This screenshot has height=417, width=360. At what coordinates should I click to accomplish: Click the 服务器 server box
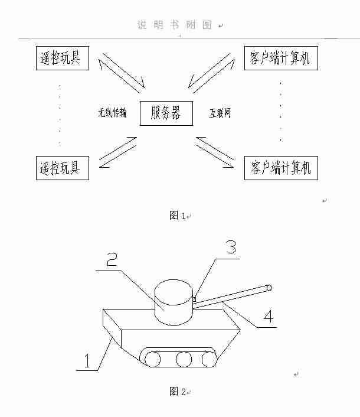pyautogui.click(x=166, y=113)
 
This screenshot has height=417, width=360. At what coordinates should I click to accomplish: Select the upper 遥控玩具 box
pyautogui.click(x=63, y=58)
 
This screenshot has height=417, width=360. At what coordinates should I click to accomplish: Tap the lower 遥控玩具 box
pyautogui.click(x=63, y=168)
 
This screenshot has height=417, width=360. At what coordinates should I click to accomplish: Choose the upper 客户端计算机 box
pyautogui.click(x=281, y=58)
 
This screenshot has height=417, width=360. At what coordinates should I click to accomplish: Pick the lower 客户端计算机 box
pyautogui.click(x=281, y=168)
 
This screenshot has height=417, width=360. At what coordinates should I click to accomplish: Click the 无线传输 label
pyautogui.click(x=112, y=113)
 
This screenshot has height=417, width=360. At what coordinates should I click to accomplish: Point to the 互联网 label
pyautogui.click(x=220, y=113)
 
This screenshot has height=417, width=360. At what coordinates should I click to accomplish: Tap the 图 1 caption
pyautogui.click(x=178, y=216)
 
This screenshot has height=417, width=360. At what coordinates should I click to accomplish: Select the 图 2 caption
pyautogui.click(x=178, y=392)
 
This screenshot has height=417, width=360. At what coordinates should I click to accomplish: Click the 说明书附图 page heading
pyautogui.click(x=175, y=25)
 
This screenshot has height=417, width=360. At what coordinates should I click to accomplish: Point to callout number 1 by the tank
pyautogui.click(x=87, y=361)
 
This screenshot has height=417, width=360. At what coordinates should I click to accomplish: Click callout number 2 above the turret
pyautogui.click(x=112, y=259)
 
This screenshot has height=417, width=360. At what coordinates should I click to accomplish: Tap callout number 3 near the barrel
pyautogui.click(x=231, y=247)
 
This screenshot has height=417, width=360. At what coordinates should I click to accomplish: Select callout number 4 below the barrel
pyautogui.click(x=269, y=316)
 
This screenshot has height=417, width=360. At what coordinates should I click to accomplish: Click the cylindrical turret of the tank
pyautogui.click(x=174, y=302)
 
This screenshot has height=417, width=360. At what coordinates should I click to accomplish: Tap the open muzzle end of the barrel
pyautogui.click(x=269, y=288)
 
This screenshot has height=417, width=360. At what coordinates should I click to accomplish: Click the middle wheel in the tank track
pyautogui.click(x=184, y=359)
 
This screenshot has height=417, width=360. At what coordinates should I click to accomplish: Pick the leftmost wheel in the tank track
pyautogui.click(x=153, y=359)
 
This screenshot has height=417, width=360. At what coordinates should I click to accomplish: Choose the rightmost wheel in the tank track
pyautogui.click(x=210, y=359)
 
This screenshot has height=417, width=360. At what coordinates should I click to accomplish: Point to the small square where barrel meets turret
pyautogui.click(x=194, y=299)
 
